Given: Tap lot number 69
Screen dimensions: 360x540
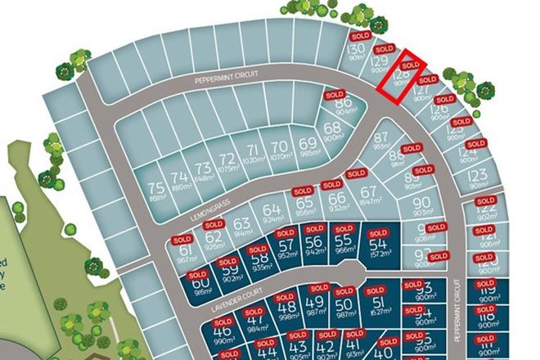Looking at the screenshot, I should [x=308, y=145].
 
